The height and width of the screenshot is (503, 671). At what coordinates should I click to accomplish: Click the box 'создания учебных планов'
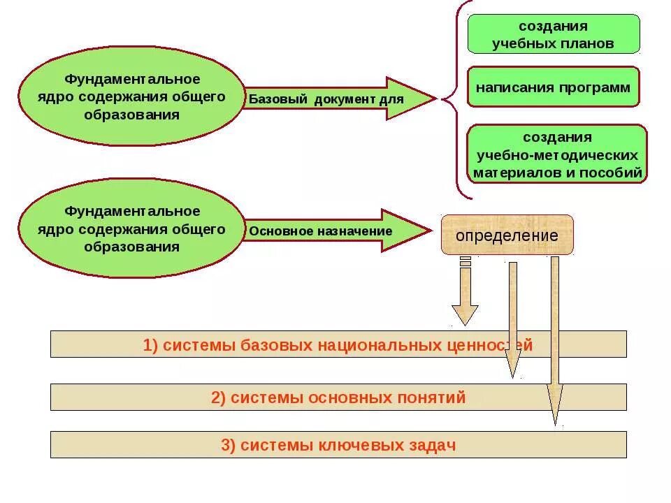tap(553, 34)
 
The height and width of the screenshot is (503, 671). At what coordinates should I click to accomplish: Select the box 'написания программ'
tap(553, 87)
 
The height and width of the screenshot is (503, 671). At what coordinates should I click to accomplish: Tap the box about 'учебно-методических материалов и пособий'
tap(557, 154)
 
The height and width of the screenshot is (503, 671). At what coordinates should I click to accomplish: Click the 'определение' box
tap(507, 235)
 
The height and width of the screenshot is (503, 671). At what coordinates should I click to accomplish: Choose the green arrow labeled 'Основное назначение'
tap(335, 231)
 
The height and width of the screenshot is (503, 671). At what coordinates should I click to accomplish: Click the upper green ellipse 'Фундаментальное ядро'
tap(132, 96)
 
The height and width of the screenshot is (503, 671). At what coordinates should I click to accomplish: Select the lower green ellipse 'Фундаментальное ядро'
tap(132, 228)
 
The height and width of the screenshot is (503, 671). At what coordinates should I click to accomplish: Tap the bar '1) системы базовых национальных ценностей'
tap(338, 344)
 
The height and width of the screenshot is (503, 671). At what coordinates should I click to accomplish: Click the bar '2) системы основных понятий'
tap(338, 398)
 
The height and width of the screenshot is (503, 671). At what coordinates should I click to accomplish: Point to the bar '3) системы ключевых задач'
tap(338, 445)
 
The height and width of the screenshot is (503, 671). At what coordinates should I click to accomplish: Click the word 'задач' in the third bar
tap(434, 446)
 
